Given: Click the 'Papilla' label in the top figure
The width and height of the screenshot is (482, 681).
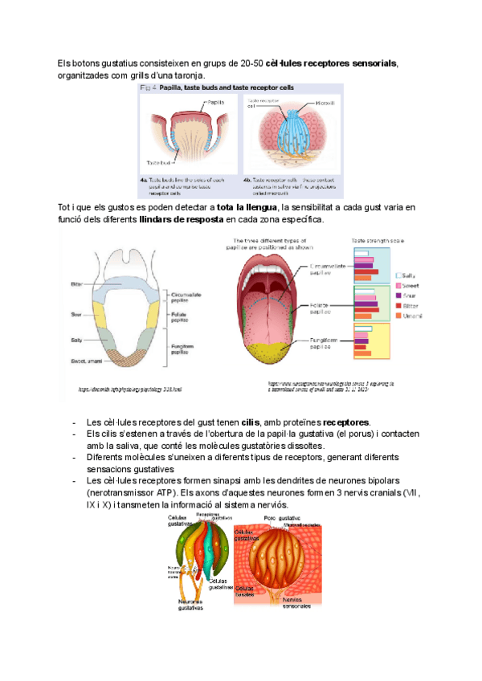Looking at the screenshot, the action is (x=215, y=102).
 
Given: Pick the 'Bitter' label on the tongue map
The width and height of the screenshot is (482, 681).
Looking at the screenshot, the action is (x=76, y=284).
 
